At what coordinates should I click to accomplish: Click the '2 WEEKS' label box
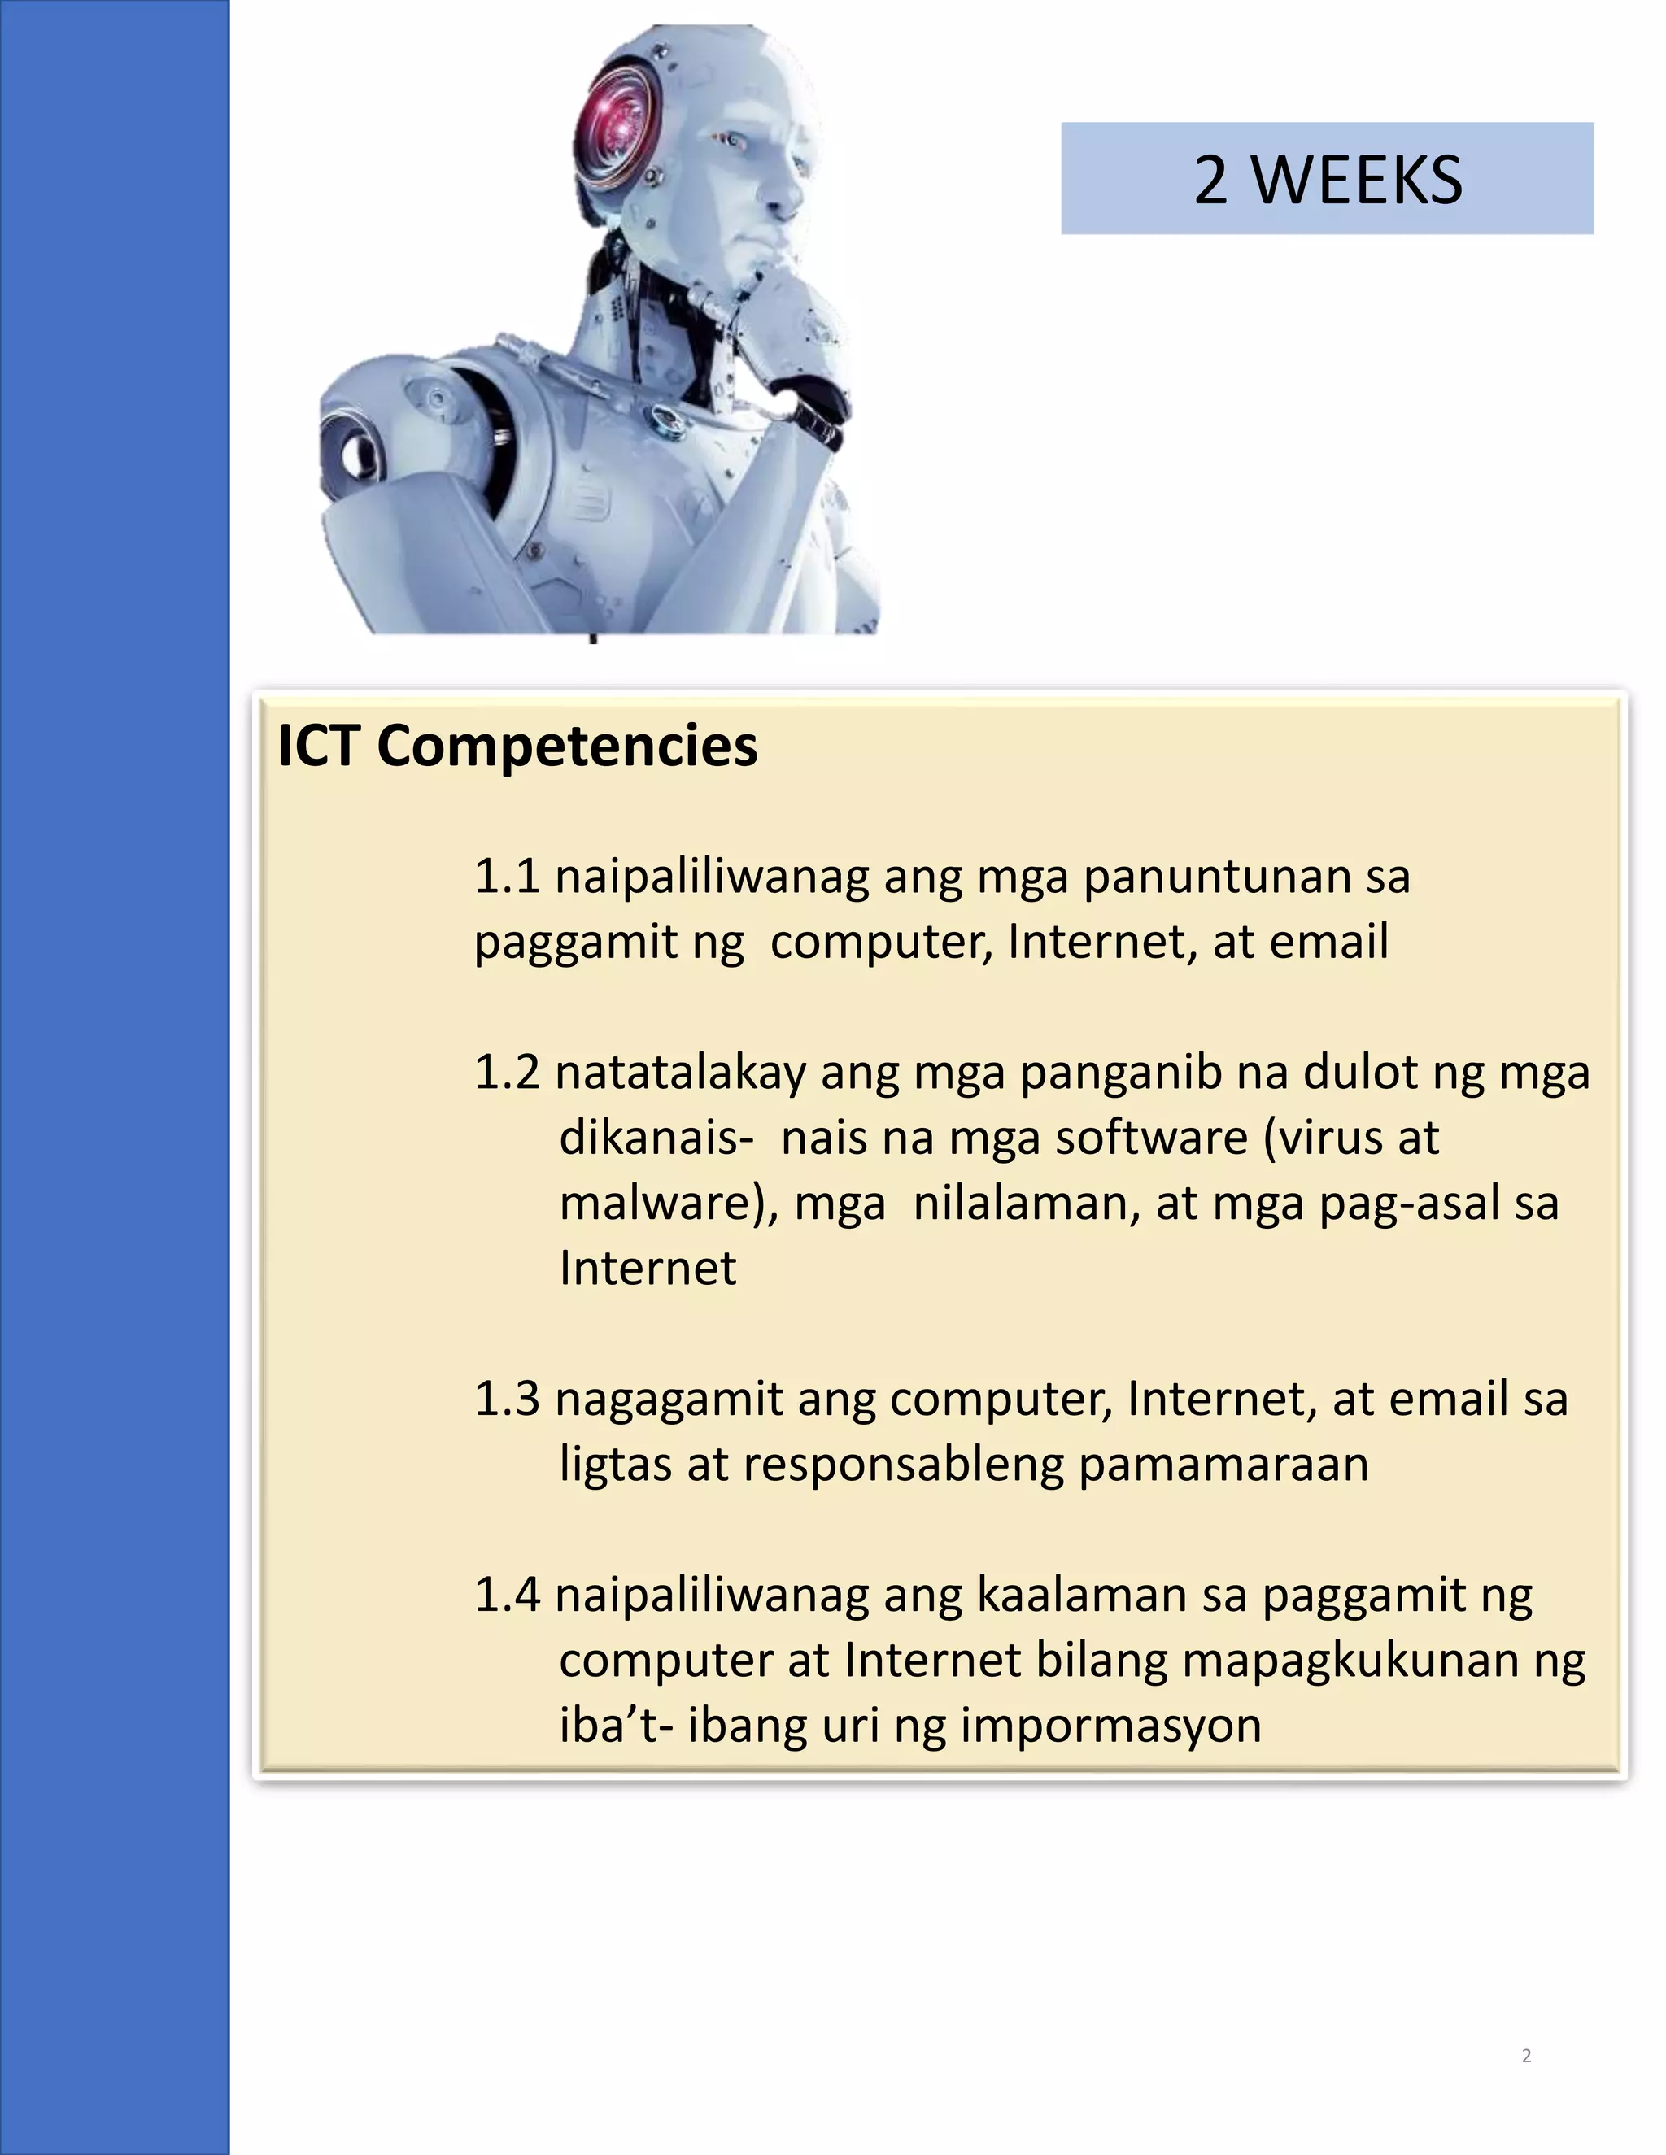click(1327, 179)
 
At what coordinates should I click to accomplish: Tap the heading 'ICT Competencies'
click(517, 746)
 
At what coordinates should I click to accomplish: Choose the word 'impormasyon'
click(1110, 1726)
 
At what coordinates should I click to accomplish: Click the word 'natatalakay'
click(680, 1073)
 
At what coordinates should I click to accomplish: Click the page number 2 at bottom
click(1526, 2055)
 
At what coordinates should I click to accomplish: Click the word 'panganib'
click(1124, 1073)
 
